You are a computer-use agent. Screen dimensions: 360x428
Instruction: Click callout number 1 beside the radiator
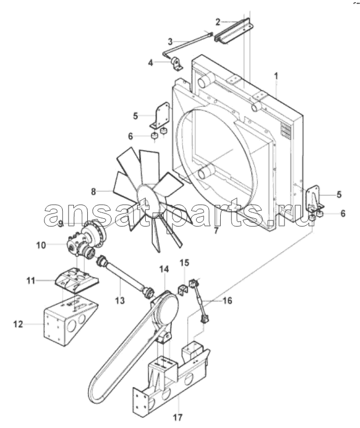(276, 76)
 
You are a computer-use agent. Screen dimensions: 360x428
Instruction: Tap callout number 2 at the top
(217, 22)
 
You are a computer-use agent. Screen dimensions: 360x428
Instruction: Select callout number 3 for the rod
(170, 42)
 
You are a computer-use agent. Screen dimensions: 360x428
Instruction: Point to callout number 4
(151, 63)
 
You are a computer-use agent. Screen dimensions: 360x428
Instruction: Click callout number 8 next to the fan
(94, 192)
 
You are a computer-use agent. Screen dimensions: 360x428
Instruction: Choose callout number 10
(41, 245)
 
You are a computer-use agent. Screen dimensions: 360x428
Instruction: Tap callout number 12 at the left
(19, 324)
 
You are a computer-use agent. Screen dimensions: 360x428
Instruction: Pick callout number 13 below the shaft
(119, 300)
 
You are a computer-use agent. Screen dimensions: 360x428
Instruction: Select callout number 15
(184, 263)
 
